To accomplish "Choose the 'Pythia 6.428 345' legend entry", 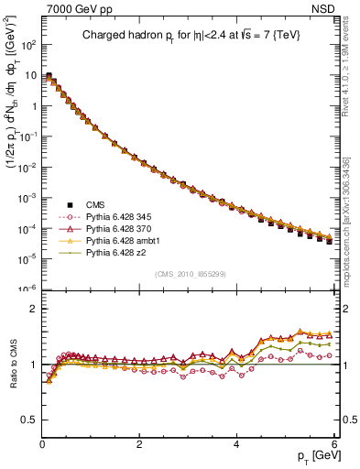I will pos(104,216).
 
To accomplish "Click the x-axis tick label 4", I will pos(235,444).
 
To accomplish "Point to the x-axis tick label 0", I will pos(42,444).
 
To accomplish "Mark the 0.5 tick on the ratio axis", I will pos(29,420).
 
